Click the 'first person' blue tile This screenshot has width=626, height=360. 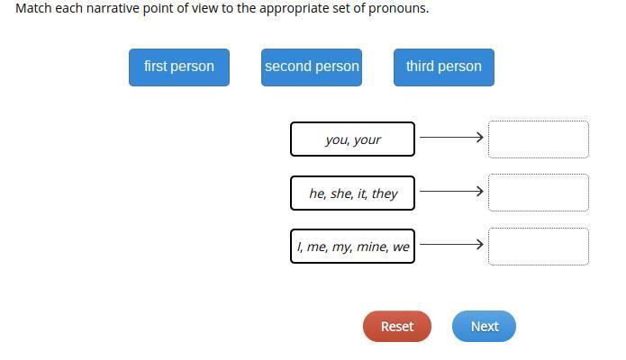178,67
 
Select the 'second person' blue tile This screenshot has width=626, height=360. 312,67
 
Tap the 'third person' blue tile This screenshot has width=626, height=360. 443,67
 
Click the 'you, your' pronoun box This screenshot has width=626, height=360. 352,139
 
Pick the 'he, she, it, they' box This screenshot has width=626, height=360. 352,193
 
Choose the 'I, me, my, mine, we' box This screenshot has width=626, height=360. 352,246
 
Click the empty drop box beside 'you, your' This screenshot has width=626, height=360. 538,139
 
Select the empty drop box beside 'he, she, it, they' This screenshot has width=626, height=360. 538,192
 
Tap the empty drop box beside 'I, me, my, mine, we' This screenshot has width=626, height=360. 538,246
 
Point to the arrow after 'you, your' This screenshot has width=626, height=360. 451,138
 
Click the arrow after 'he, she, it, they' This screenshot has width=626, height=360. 451,191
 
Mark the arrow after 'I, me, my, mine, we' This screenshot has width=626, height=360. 451,244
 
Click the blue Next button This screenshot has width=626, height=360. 484,326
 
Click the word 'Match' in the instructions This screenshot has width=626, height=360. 33,8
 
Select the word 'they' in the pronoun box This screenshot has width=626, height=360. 385,193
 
